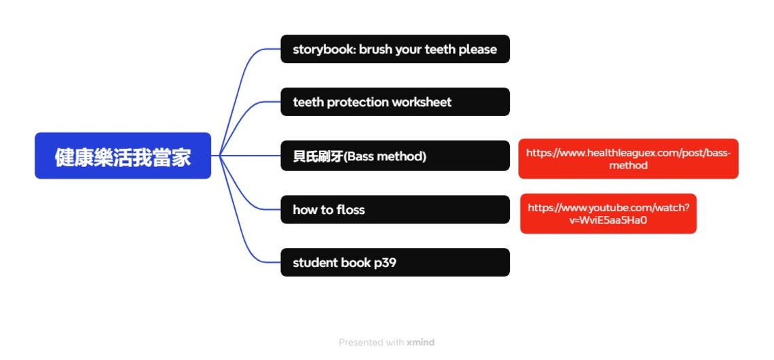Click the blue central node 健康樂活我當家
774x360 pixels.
tap(123, 156)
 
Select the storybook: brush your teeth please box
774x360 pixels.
tap(395, 49)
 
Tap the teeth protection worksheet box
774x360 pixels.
tap(395, 102)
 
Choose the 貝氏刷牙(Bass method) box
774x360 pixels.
tap(395, 156)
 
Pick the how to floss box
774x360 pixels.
tap(395, 209)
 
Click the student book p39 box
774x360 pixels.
tap(395, 262)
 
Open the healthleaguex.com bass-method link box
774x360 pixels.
tap(628, 159)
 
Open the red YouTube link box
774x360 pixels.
tap(608, 213)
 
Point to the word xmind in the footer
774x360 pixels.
tap(420, 342)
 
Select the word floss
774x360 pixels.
tap(350, 210)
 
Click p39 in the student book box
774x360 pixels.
tap(385, 263)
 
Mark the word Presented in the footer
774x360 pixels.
tap(361, 342)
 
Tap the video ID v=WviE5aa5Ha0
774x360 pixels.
tap(608, 220)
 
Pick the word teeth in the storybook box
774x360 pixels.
tap(440, 50)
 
